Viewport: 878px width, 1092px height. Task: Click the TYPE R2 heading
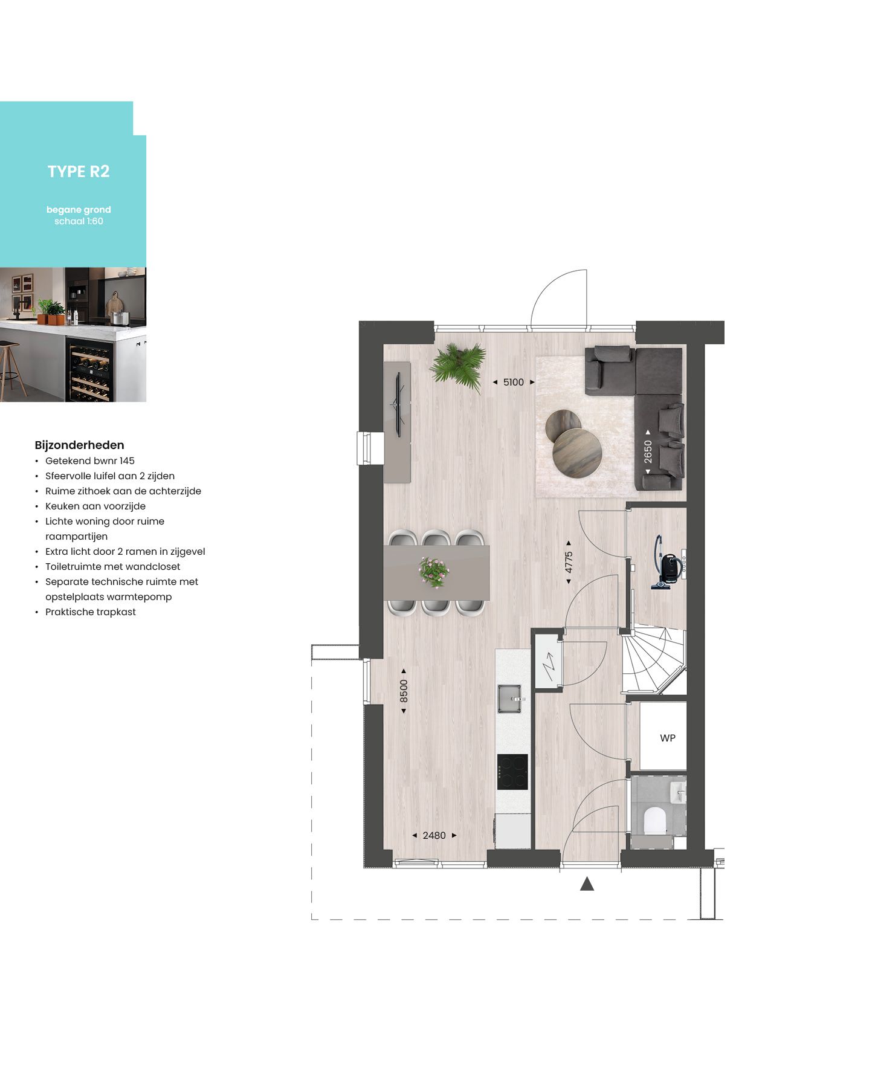[x=79, y=172]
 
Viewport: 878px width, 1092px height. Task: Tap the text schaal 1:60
[x=79, y=221]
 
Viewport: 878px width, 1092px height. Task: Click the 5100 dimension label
[x=514, y=382]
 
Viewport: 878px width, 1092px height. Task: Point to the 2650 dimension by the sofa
[x=648, y=451]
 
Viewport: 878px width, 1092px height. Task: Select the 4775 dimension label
[x=569, y=563]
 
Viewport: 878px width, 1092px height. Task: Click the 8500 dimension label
[x=404, y=691]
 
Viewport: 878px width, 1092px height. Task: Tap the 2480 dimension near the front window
[x=434, y=835]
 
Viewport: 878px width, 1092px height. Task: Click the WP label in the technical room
[x=667, y=738]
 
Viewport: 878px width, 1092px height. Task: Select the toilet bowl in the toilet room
[x=654, y=821]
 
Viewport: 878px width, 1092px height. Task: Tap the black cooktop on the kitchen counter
[x=512, y=772]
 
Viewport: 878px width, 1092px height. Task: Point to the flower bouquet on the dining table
[x=434, y=571]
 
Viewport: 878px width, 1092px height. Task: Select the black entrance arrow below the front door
[x=587, y=884]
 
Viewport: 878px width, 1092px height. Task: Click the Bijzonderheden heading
[x=79, y=445]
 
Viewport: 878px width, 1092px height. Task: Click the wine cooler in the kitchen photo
[x=89, y=371]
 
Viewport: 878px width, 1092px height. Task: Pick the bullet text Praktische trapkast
[x=91, y=612]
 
